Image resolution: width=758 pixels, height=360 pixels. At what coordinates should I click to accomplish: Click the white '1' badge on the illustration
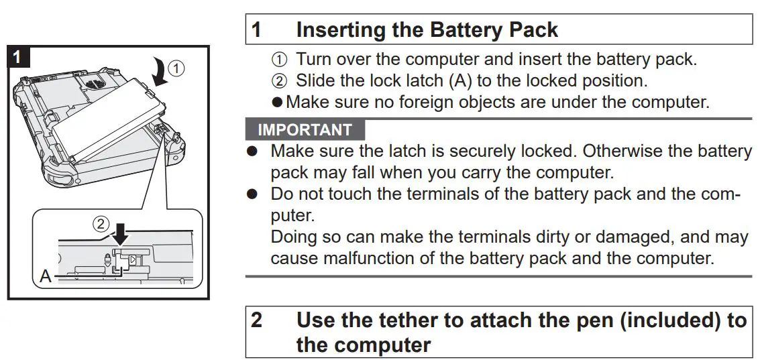tap(18, 56)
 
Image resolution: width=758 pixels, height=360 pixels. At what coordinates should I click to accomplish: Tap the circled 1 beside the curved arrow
tap(176, 68)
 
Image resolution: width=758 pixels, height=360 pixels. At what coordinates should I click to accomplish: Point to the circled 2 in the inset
tap(101, 224)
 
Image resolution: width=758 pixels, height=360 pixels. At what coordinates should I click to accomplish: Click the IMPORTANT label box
tap(305, 129)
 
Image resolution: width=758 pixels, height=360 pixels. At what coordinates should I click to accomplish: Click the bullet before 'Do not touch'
tap(252, 194)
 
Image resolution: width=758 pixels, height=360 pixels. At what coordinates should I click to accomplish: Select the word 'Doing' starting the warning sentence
tap(291, 237)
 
